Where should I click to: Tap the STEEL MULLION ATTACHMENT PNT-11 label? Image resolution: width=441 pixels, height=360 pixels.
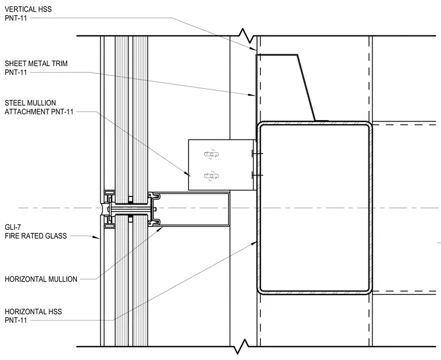point(39,107)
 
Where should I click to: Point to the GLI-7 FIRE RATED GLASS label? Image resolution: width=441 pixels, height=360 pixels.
point(36,232)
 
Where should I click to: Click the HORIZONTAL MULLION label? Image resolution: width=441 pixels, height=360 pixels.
point(41,279)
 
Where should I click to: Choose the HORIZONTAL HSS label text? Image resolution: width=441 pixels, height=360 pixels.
point(33,316)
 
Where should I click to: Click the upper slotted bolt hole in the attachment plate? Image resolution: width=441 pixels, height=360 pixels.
point(211,154)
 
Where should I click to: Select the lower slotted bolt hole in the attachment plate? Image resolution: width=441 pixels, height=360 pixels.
point(211,176)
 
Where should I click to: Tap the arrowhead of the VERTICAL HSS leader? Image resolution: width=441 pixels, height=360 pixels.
point(253,49)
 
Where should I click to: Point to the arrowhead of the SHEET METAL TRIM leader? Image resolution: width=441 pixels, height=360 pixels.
point(252,95)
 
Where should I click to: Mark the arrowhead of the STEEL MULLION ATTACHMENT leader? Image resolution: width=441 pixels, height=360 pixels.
point(187,174)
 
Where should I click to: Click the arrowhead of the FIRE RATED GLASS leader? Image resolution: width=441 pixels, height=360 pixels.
point(96,237)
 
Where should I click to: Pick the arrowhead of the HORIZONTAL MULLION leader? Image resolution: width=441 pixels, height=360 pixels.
point(160,229)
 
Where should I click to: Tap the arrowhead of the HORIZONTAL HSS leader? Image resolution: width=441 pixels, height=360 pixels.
point(254,243)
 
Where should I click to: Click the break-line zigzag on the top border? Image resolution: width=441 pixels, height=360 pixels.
point(247,36)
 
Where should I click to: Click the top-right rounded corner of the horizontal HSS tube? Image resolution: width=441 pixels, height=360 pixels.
point(367,126)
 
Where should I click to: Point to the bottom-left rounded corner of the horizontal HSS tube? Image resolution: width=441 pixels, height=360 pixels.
point(262,290)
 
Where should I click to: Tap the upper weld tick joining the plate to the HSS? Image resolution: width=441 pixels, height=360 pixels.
point(257,153)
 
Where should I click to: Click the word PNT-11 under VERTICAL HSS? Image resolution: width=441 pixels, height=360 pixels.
point(16,18)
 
